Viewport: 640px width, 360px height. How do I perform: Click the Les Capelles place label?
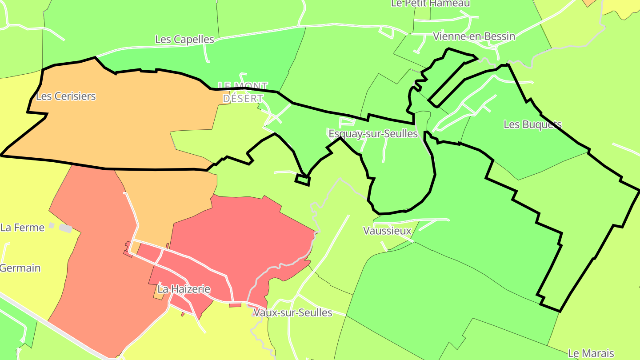point(184,39)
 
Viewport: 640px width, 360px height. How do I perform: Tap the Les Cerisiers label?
point(66,96)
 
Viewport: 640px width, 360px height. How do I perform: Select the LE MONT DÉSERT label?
point(243,92)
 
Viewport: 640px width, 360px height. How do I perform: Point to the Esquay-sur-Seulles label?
point(373,133)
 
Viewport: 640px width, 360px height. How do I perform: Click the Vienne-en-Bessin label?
point(474,36)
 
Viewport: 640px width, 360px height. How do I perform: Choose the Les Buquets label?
point(532,124)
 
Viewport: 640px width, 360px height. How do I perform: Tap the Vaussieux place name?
point(387,231)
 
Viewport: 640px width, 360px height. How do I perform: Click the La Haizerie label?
point(184,289)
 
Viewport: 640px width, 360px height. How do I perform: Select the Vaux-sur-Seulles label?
point(292,312)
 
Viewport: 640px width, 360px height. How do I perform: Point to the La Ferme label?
point(23,228)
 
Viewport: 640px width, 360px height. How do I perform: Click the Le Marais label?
point(591,353)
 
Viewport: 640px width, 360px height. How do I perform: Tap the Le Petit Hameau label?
point(430,4)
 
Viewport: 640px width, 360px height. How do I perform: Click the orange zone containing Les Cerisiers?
point(111,129)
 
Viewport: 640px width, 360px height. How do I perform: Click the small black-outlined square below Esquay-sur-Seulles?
point(302,180)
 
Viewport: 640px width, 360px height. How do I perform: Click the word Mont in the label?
point(250,86)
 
